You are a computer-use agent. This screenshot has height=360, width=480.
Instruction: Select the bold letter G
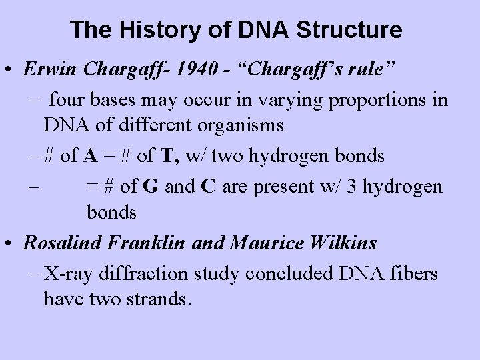click(x=150, y=185)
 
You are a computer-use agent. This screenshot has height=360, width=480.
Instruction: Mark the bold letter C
click(x=207, y=185)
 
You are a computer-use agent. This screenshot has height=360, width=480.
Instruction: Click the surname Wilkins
click(x=346, y=243)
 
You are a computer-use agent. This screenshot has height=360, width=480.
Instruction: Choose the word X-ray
click(x=69, y=273)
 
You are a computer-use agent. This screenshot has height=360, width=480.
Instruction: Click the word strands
click(x=157, y=299)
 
